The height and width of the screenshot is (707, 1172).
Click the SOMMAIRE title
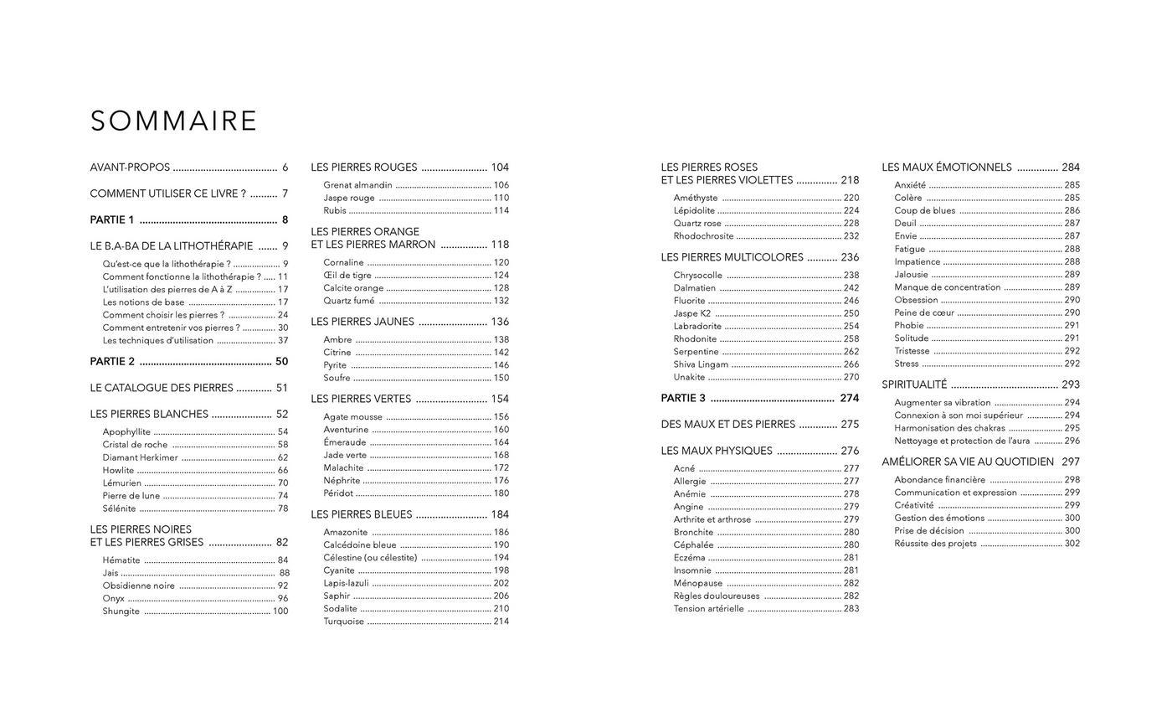tap(173, 121)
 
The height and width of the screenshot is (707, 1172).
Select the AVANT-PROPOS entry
tap(130, 168)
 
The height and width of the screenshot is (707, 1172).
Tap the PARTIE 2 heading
tap(112, 362)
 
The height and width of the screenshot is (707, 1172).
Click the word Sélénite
tap(119, 508)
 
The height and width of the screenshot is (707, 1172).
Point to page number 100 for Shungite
tap(280, 612)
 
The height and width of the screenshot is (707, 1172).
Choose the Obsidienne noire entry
tap(138, 586)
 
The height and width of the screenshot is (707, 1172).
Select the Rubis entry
tap(335, 210)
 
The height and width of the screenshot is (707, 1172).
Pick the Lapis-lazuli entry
tap(346, 583)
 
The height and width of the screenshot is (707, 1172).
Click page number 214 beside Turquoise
tap(501, 622)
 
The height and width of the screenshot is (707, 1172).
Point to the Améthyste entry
tap(696, 198)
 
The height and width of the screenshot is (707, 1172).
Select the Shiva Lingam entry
tap(701, 364)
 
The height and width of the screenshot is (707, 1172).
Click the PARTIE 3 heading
tap(683, 398)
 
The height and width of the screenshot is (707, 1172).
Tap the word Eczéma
tap(689, 557)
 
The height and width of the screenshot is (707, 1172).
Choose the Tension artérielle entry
tap(708, 609)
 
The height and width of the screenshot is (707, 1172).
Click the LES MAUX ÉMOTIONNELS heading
tap(946, 168)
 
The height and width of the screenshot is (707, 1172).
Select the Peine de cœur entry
tap(924, 312)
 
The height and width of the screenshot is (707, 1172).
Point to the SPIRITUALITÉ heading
tap(914, 384)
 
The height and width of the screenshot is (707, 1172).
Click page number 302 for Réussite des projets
tap(1072, 544)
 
